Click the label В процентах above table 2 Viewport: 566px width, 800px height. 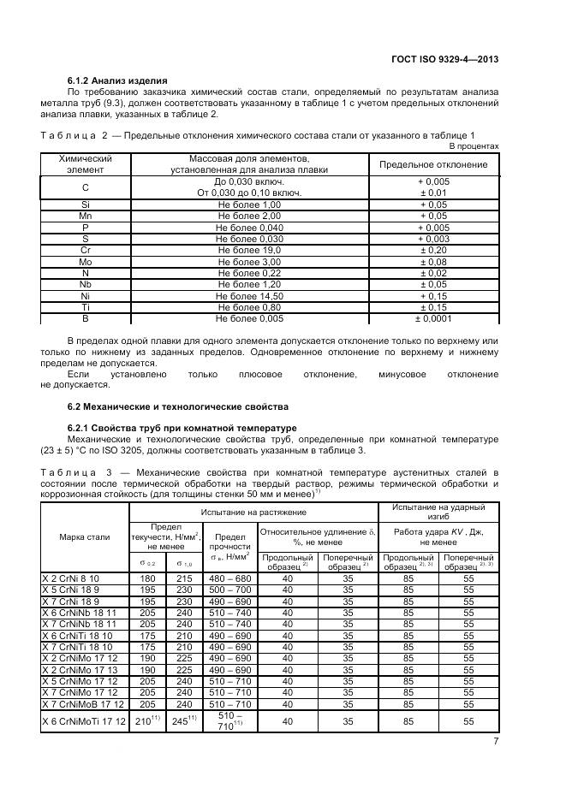click(474, 146)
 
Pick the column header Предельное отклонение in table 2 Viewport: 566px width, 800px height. click(433, 164)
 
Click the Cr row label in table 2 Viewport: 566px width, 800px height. click(85, 250)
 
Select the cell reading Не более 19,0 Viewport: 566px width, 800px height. click(249, 250)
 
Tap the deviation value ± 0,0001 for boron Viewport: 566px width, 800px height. click(433, 317)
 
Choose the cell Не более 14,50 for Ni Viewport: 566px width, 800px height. click(249, 295)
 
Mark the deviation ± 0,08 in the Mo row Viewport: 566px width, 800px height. click(433, 261)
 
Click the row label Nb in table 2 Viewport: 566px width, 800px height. click(85, 284)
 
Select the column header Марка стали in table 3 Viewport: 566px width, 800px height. click(84, 536)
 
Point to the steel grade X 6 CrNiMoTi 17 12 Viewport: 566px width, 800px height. click(84, 722)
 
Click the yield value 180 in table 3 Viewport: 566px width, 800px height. click(143, 579)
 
